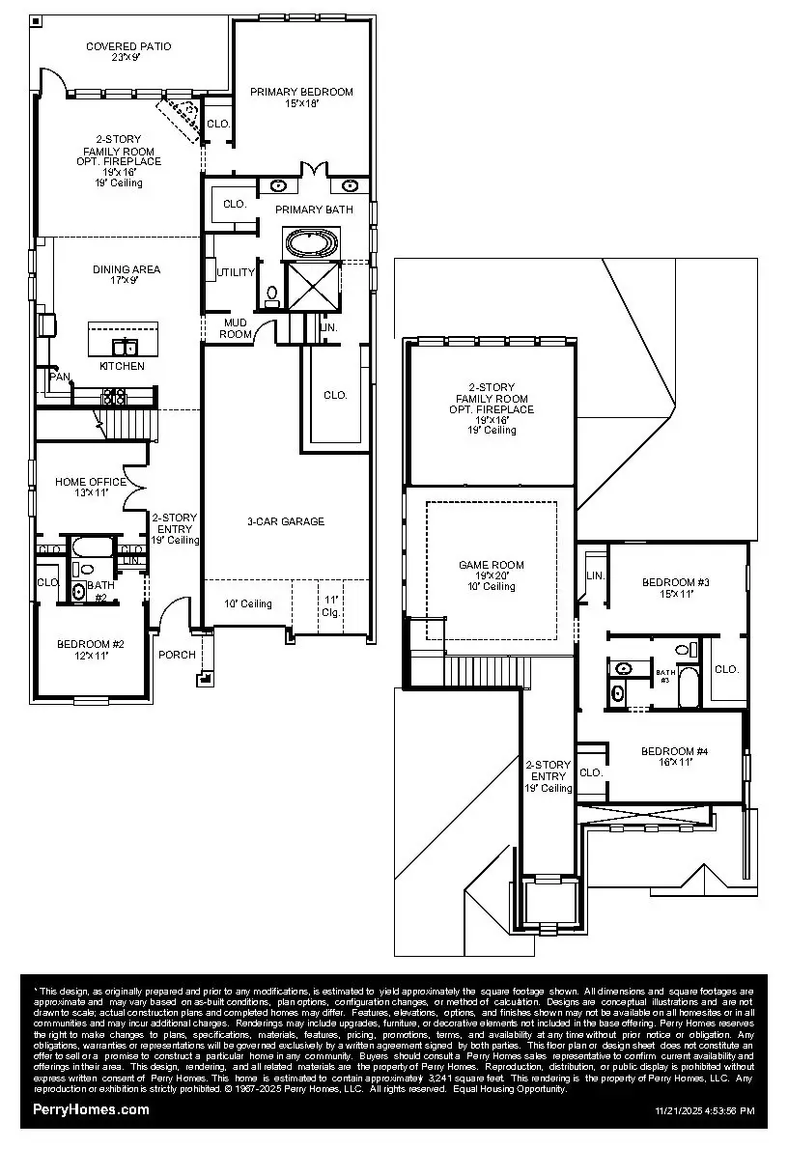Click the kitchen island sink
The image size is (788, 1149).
tap(125, 347)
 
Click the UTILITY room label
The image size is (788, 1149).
tap(236, 272)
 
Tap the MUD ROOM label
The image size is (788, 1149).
tap(238, 328)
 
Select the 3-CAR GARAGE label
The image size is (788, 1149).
tap(285, 521)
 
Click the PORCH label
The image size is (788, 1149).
tap(178, 655)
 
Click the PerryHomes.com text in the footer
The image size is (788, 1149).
tap(92, 1110)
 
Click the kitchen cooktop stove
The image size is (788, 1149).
tap(113, 395)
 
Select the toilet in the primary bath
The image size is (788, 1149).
tap(272, 294)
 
